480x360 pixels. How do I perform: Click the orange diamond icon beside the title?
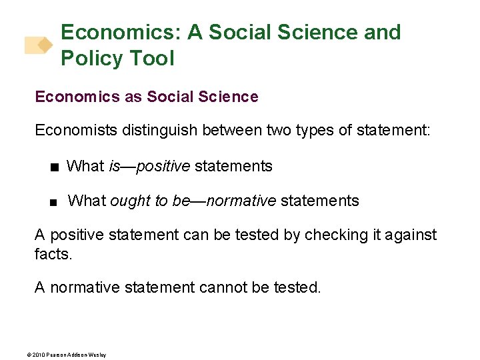[45, 45]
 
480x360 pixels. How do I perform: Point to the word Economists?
[76, 131]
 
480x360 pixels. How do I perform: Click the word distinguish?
[157, 131]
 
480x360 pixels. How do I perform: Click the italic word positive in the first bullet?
[163, 166]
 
